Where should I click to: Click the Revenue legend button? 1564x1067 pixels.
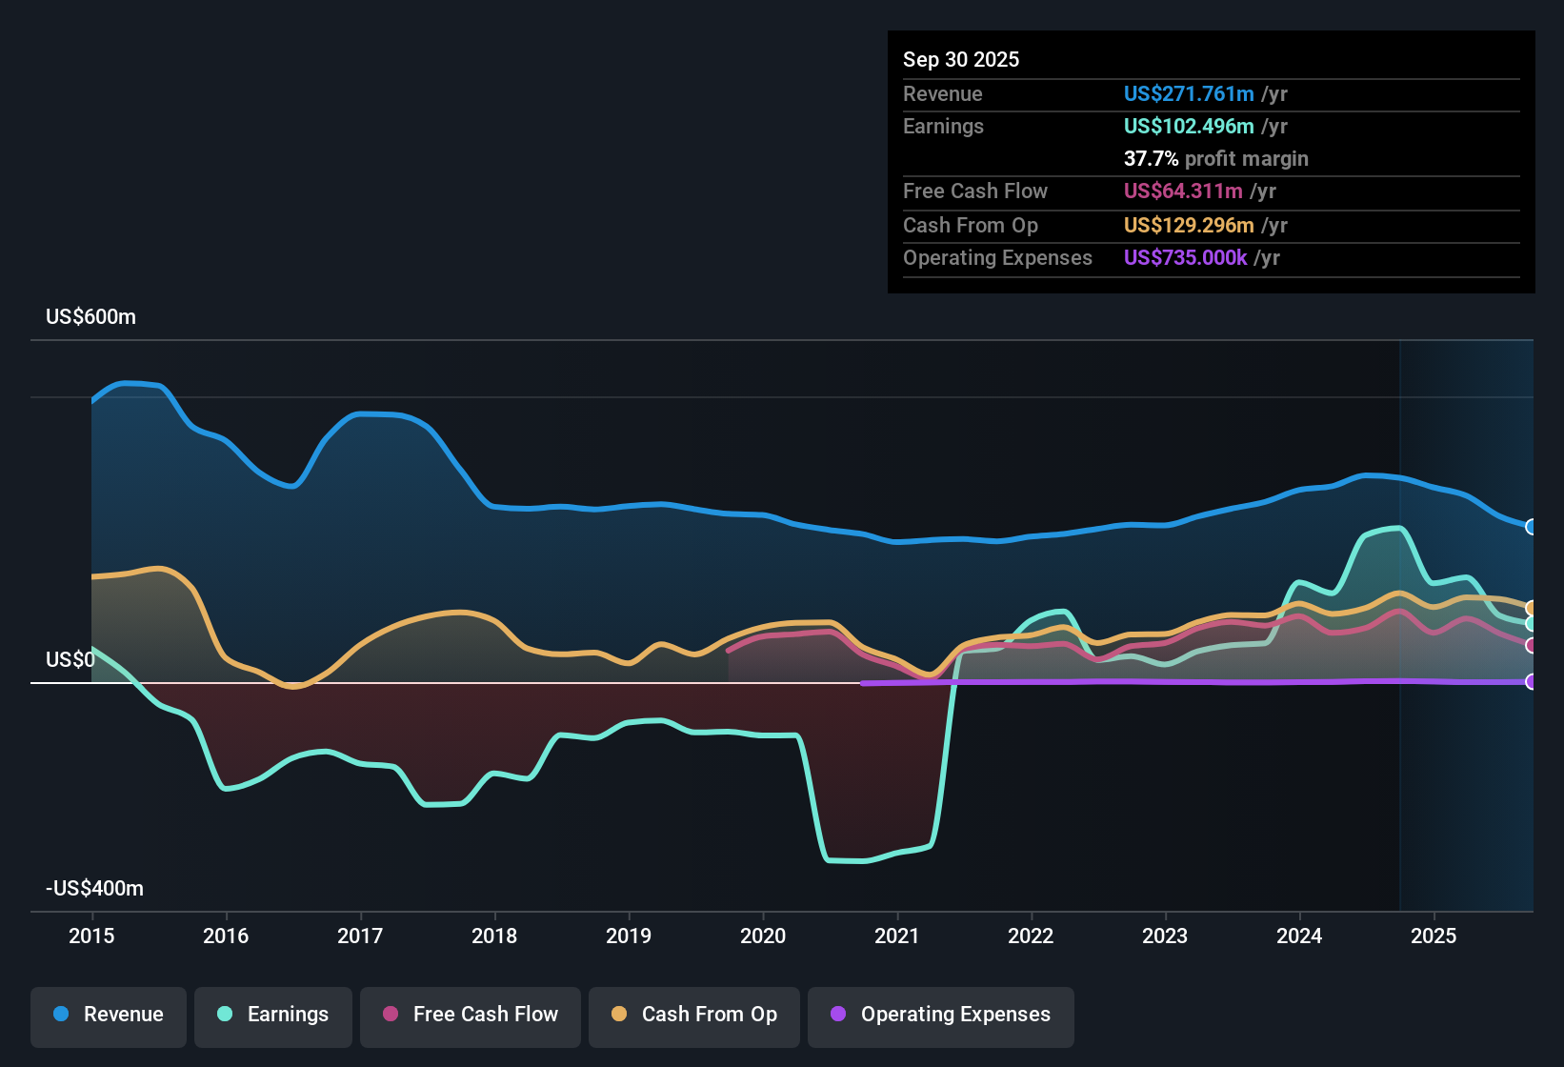click(x=109, y=1015)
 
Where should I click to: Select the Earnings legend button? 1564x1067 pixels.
click(x=273, y=1015)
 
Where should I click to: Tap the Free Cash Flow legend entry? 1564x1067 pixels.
click(x=471, y=1015)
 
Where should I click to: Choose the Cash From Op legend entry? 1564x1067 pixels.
click(x=694, y=1015)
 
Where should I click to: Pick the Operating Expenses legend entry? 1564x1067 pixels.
click(x=941, y=1015)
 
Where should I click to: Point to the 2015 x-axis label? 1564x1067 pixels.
click(x=91, y=936)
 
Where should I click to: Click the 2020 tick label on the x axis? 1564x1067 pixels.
click(x=763, y=936)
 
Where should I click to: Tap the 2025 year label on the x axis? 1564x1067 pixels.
click(x=1434, y=936)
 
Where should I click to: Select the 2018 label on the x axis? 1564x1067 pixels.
click(x=494, y=936)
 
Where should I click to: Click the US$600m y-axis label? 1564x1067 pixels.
click(x=90, y=317)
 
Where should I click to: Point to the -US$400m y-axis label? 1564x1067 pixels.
click(x=94, y=889)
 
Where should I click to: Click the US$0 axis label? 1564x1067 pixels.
click(x=70, y=660)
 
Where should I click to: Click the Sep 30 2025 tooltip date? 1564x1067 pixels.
click(x=961, y=59)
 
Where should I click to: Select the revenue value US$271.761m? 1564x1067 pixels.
click(x=1188, y=93)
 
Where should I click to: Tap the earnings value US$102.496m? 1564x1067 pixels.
click(x=1188, y=126)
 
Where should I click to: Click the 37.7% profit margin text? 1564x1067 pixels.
click(x=1215, y=158)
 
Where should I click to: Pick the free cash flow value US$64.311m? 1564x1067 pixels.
click(x=1182, y=191)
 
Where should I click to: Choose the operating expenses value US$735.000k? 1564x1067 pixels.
click(x=1185, y=257)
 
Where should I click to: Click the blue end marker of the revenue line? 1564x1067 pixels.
click(x=1531, y=527)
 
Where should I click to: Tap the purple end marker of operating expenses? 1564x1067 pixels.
click(x=1531, y=681)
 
